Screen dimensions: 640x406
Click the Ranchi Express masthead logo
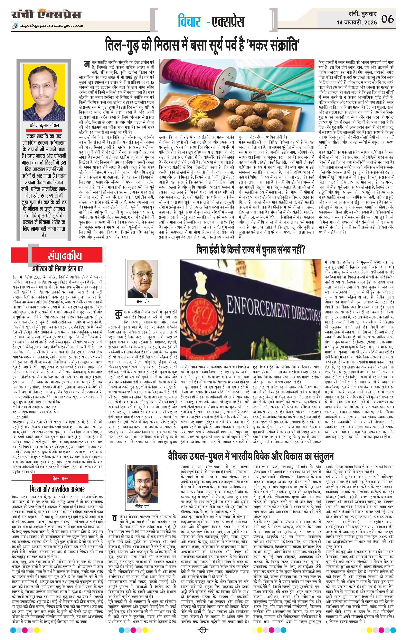(x=46, y=14)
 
